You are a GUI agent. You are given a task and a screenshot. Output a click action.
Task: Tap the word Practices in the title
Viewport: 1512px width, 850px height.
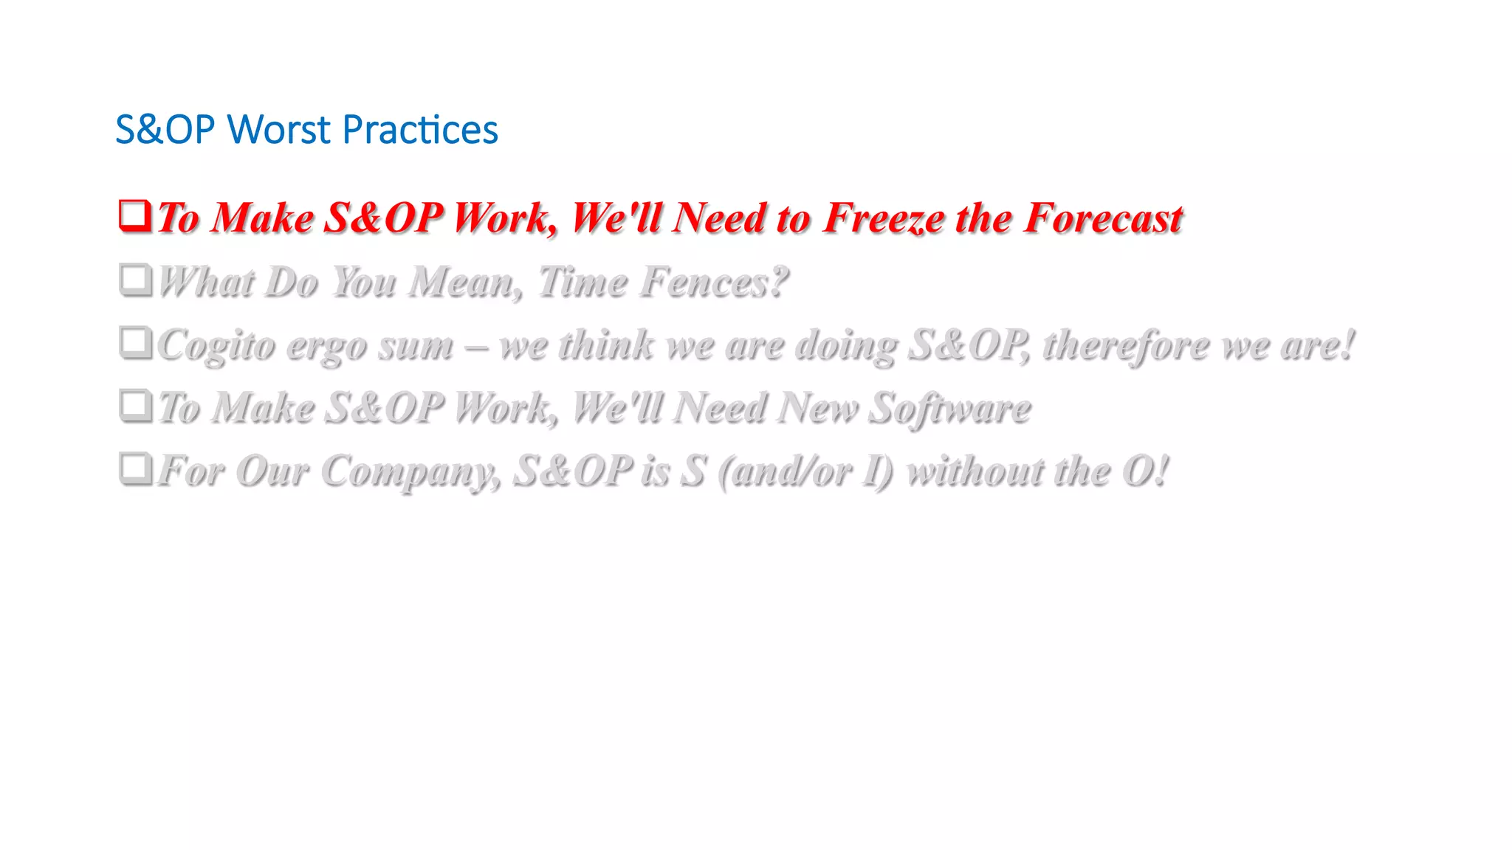tap(420, 130)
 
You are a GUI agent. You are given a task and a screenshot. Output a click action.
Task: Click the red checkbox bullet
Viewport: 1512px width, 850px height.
tap(135, 215)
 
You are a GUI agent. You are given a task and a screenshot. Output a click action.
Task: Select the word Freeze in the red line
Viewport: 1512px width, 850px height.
tap(883, 218)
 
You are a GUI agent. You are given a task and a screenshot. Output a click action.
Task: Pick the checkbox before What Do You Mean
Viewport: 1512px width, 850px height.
tap(135, 280)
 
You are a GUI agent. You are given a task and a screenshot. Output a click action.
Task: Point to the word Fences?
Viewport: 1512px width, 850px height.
tap(713, 282)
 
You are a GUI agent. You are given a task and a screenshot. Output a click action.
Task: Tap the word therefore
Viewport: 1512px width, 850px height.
tap(1126, 345)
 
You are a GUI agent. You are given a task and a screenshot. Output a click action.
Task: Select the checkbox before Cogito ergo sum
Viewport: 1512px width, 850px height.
tap(135, 342)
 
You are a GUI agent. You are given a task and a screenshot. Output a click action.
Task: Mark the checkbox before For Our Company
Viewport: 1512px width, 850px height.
tap(135, 468)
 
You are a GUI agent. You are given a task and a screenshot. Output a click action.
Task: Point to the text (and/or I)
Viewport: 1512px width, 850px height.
tap(805, 471)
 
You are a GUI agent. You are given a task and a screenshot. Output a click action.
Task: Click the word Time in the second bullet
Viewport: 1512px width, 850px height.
tap(582, 282)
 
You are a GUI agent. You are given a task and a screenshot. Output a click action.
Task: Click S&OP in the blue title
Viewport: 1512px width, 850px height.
tap(165, 130)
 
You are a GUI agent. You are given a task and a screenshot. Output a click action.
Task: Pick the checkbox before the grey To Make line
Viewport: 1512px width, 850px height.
tap(135, 405)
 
